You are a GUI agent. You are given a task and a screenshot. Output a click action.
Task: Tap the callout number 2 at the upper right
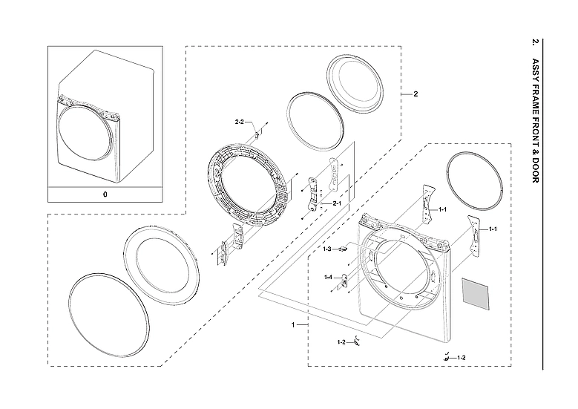click(416, 94)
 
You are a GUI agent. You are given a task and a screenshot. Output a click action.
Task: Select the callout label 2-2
click(240, 121)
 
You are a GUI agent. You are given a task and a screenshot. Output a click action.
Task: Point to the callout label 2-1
click(336, 203)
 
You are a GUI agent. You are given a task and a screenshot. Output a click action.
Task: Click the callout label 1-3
click(327, 249)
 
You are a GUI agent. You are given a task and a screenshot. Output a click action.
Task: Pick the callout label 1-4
click(328, 277)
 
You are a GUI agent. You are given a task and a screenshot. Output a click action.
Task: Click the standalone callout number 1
click(294, 325)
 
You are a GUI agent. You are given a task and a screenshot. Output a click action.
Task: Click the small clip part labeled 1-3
click(343, 250)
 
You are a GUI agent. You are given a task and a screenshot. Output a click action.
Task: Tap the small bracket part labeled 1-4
click(344, 281)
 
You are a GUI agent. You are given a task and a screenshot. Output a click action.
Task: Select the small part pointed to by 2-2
click(257, 134)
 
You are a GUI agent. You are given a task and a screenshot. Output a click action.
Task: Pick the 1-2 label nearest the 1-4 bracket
click(341, 342)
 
